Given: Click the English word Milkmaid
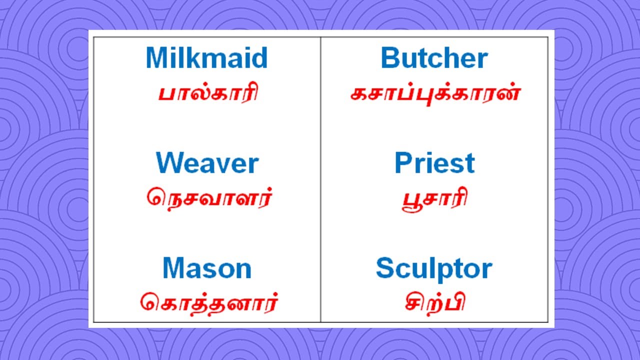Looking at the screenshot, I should (206, 58).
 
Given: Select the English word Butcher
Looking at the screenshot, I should (434, 58).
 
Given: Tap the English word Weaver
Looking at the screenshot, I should (207, 163).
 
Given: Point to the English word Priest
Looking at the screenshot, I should (434, 163).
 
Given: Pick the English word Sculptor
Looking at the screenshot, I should (433, 269).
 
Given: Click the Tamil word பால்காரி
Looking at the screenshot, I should (208, 93).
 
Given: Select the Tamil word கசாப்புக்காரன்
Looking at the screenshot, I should (435, 93).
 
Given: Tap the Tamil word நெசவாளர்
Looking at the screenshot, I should (209, 198).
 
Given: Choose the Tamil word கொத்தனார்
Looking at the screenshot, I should (208, 303).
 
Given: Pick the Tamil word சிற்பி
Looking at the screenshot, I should (434, 302).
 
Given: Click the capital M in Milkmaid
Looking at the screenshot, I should (156, 58).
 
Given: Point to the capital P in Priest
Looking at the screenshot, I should (403, 163).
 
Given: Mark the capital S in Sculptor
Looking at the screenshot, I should (385, 268).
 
